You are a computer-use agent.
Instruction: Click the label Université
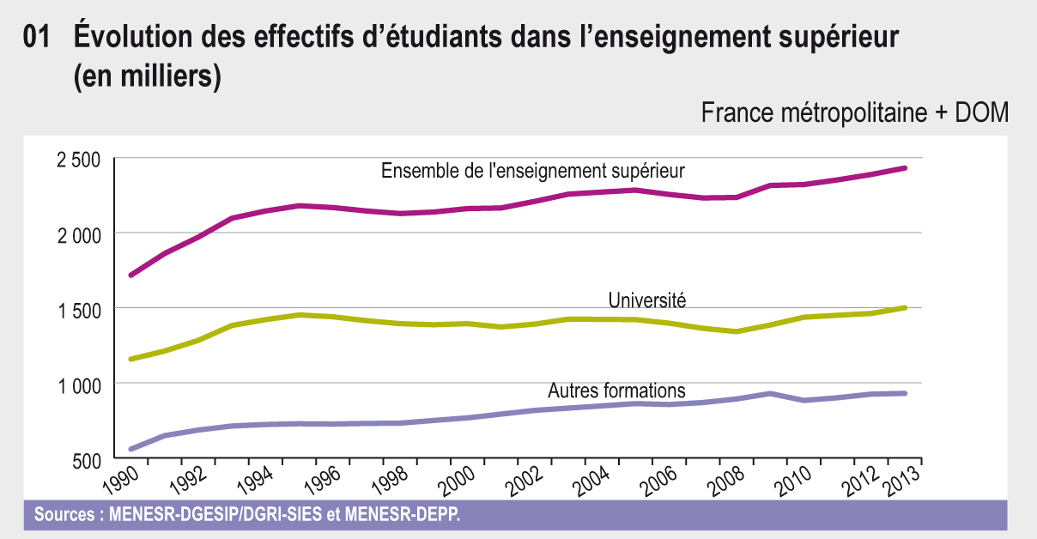point(646,300)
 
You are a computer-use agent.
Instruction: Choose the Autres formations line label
point(616,391)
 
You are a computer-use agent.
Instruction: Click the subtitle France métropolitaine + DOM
point(854,113)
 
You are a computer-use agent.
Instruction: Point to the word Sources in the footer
point(64,516)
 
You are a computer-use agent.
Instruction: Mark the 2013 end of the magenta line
point(905,167)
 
